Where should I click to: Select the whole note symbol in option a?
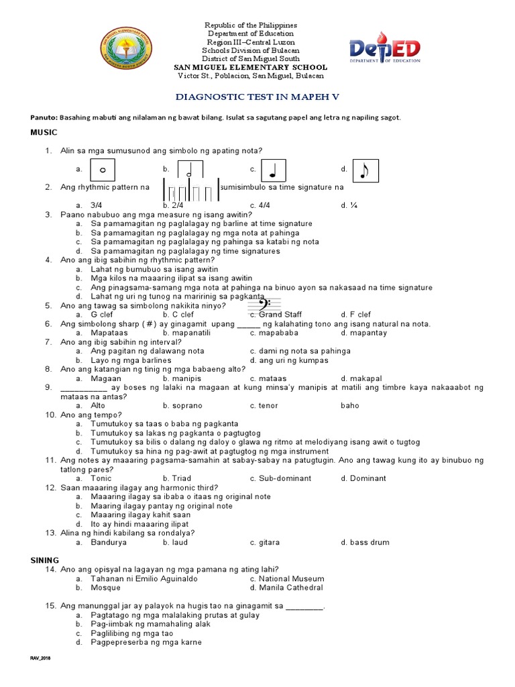(103, 170)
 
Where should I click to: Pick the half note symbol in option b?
(190, 170)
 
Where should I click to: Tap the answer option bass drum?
(369, 542)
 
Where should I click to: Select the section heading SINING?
(45, 560)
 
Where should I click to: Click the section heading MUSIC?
(44, 133)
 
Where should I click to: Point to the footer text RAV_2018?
(40, 659)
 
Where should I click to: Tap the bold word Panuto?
(45, 117)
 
